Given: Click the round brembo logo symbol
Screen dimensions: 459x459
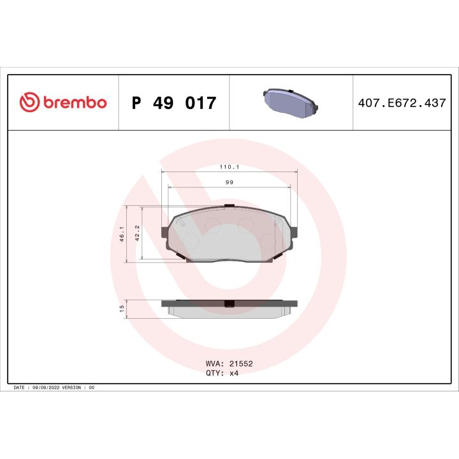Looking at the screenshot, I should tap(30, 103).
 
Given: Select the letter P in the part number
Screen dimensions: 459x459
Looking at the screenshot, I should tap(136, 103).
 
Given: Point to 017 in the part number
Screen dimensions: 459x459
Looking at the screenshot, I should tap(201, 103).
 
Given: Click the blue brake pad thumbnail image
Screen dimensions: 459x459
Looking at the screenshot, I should tap(291, 103).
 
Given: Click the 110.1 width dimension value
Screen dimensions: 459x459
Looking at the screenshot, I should tap(229, 167).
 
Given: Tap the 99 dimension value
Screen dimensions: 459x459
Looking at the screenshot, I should tap(229, 182).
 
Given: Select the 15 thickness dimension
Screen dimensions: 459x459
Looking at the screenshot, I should tap(122, 309).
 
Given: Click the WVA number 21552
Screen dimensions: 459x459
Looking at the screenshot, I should tap(241, 363).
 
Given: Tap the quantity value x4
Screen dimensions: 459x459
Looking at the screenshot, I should tap(235, 373).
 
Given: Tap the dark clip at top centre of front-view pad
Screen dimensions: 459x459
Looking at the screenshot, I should tap(229, 206).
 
